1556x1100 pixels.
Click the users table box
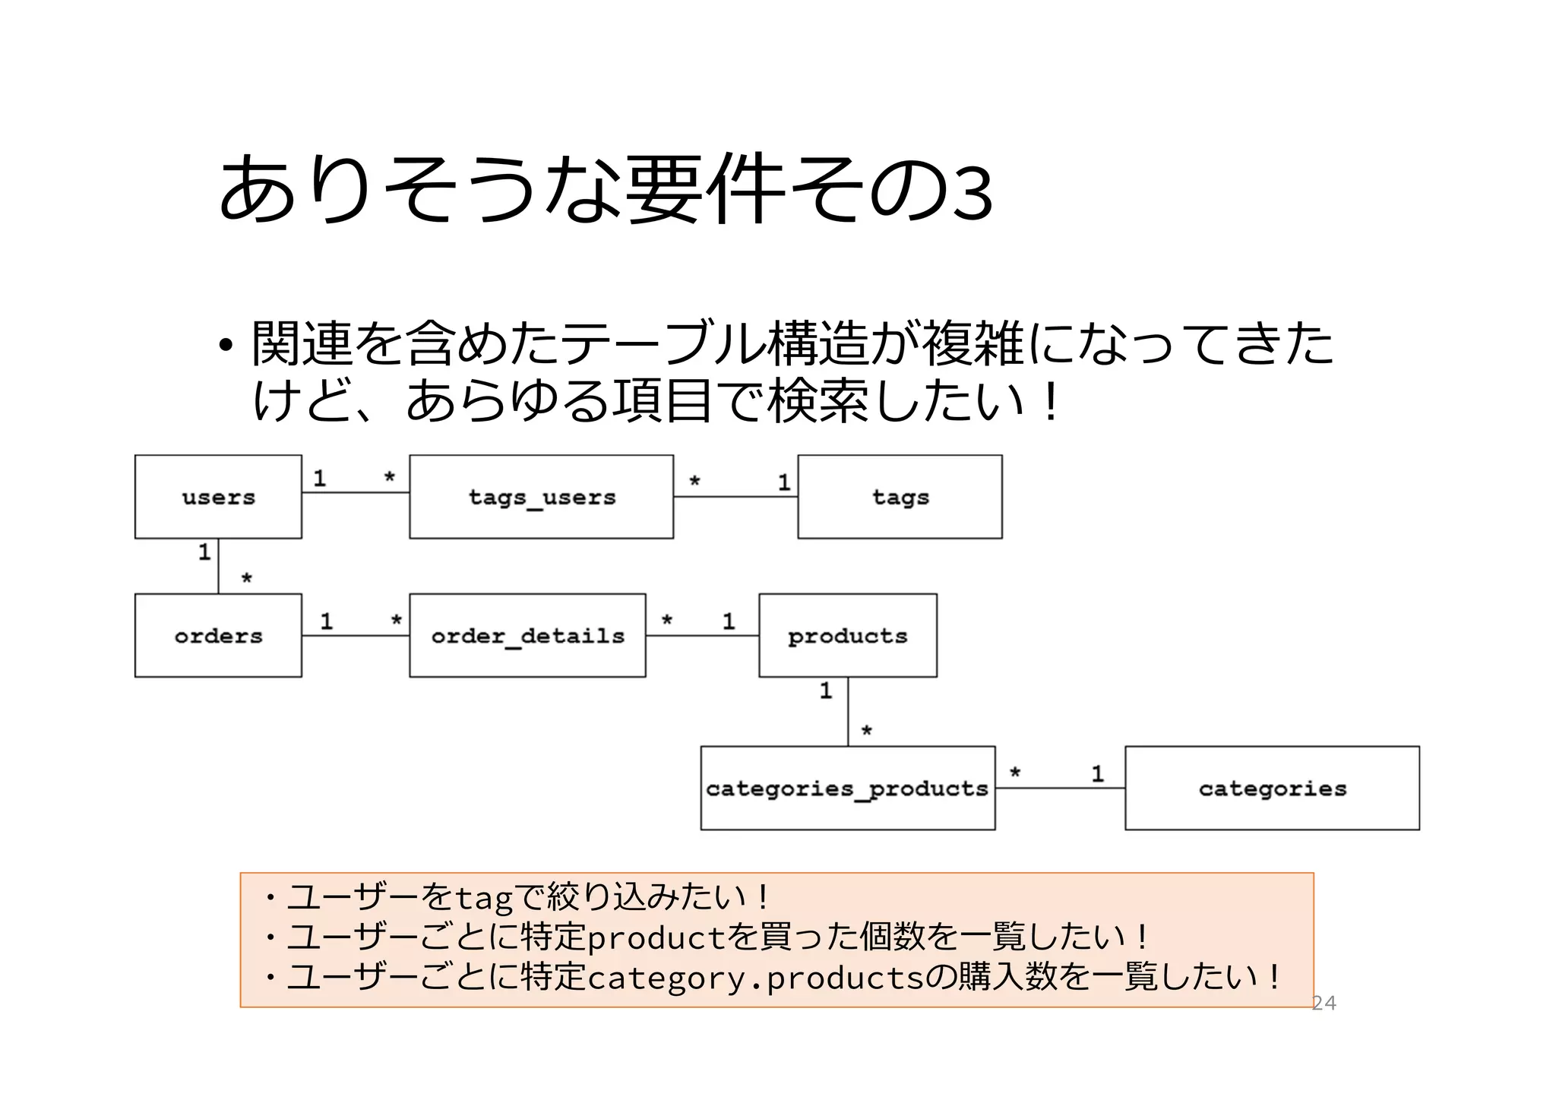click(218, 497)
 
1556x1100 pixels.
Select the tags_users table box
click(541, 497)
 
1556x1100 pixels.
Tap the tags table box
click(900, 497)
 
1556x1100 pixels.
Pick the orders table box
click(218, 635)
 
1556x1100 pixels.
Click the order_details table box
click(527, 635)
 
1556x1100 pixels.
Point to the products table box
click(847, 635)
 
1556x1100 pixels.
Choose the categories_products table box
click(847, 788)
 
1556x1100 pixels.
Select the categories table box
click(1272, 788)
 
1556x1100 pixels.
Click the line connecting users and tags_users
click(355, 492)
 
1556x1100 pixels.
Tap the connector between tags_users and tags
click(735, 497)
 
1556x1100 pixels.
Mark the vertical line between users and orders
click(218, 566)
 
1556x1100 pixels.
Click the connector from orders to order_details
click(355, 635)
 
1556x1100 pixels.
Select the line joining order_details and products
click(702, 635)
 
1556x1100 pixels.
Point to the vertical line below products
click(848, 712)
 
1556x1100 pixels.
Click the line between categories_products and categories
click(1060, 788)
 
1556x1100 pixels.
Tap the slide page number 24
click(1324, 1003)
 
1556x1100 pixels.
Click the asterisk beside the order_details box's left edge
click(396, 621)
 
